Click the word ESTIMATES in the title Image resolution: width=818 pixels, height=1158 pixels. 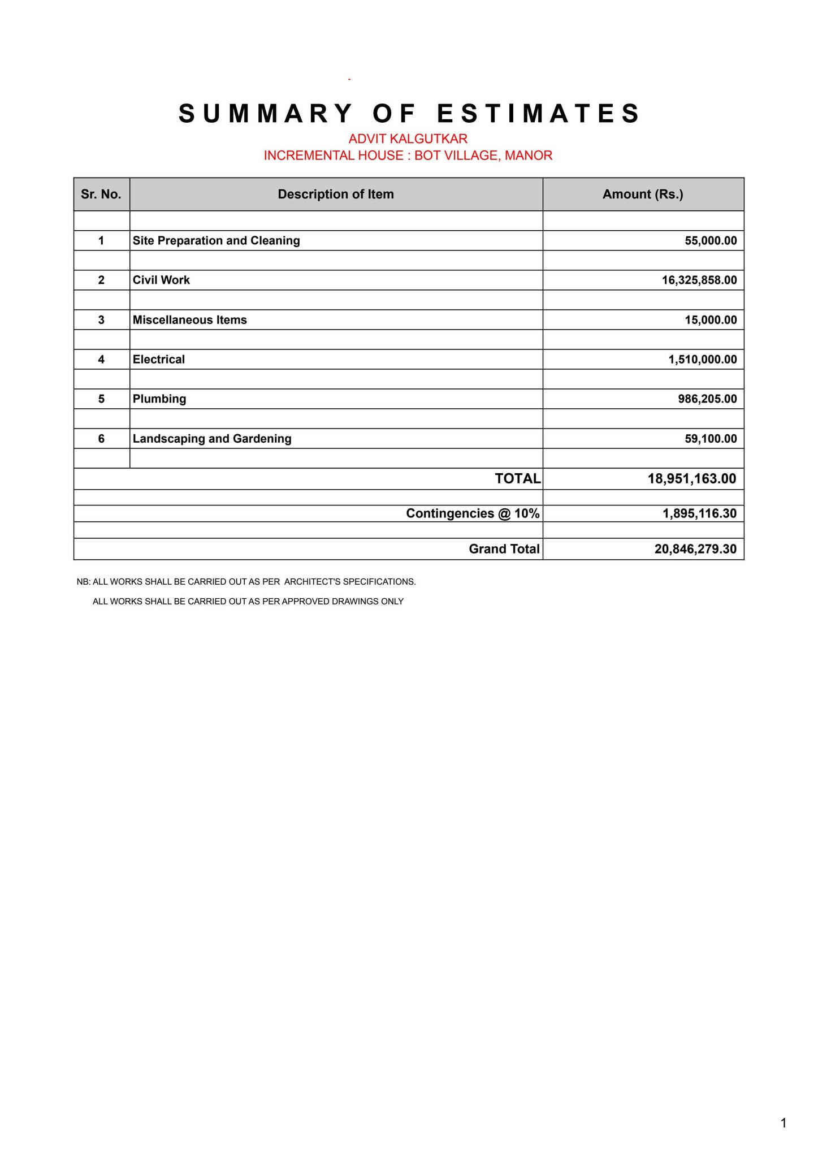coord(539,114)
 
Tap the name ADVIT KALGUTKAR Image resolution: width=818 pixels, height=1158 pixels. coord(408,139)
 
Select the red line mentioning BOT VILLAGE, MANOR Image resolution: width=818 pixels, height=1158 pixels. coord(408,155)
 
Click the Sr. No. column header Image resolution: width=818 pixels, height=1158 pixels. coord(101,195)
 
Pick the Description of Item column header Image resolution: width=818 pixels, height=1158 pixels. coord(336,195)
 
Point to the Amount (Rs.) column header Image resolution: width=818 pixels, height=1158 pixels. coord(643,195)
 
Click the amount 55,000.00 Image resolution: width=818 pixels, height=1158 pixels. coord(711,241)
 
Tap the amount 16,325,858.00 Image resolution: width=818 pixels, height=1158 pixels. coord(699,280)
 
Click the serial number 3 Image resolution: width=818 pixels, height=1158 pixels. coord(101,320)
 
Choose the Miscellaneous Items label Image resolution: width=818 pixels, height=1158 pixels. coord(189,320)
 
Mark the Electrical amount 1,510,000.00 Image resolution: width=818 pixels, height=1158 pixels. coord(702,360)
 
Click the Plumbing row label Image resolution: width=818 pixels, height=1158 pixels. coord(159,399)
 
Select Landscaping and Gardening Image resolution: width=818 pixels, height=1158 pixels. coord(212,439)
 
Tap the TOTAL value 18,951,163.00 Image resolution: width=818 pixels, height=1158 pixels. coord(692,479)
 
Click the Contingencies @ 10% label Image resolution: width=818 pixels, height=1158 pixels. coord(473,513)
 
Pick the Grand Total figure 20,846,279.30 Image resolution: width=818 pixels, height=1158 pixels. coord(695,549)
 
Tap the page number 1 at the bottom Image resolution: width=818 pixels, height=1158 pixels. coord(784,1123)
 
